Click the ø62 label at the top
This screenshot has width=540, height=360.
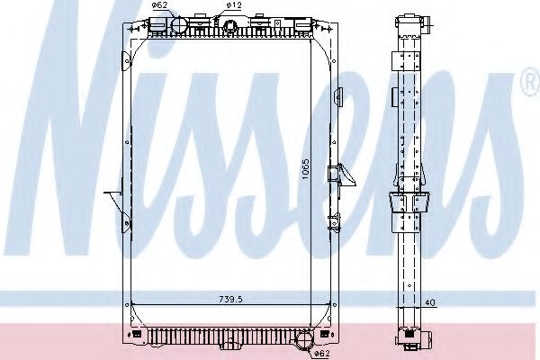[159, 5]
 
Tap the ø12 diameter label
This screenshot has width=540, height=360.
[232, 5]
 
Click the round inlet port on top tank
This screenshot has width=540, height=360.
[176, 24]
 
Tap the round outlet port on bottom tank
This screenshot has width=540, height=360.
[303, 340]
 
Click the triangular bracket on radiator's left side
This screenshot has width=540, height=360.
[115, 202]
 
